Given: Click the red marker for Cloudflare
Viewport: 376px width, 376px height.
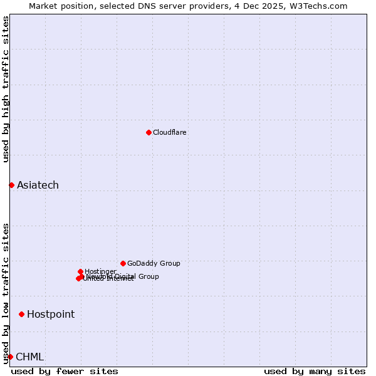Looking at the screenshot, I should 149,132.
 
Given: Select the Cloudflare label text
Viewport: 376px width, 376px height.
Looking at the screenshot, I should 170,132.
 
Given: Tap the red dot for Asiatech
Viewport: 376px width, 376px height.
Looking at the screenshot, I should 11,185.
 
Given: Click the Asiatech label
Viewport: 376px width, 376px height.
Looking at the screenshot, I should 38,185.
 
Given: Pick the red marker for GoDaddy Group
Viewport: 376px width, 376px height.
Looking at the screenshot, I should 123,263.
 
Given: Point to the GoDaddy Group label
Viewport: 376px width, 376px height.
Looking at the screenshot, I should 154,263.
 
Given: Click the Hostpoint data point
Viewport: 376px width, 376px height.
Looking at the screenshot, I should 21,314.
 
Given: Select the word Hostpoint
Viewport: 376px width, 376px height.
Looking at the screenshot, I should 51,314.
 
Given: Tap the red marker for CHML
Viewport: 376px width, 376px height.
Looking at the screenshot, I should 10,357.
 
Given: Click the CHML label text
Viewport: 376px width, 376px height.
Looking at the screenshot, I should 29,357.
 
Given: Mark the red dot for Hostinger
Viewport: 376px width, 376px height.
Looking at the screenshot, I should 80,271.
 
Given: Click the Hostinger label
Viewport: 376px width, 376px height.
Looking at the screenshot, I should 100,271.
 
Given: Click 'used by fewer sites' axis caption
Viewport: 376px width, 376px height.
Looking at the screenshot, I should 65,371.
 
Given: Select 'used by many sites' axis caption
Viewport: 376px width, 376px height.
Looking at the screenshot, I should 315,371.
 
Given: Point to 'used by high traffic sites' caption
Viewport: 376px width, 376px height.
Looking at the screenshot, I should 6,89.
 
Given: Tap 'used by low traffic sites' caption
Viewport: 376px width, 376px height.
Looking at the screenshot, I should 6,293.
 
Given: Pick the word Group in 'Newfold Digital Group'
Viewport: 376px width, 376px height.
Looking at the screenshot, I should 148,276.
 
